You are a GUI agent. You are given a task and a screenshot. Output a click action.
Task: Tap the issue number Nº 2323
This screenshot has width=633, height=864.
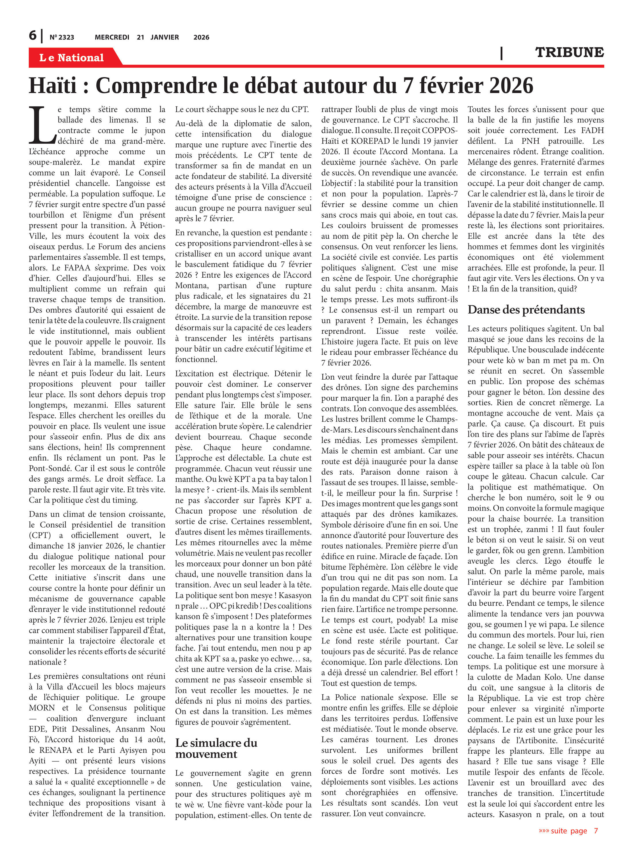tap(62, 37)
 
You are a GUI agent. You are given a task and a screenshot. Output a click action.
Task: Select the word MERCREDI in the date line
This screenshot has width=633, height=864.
tap(112, 37)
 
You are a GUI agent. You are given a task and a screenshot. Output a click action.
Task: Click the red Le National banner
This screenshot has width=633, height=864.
tap(72, 58)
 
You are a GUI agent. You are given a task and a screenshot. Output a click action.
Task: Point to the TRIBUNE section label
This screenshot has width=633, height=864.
tap(569, 52)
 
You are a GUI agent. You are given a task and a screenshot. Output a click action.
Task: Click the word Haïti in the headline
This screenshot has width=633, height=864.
tap(53, 86)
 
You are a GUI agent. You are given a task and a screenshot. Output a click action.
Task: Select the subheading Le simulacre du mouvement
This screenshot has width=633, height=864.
tap(216, 748)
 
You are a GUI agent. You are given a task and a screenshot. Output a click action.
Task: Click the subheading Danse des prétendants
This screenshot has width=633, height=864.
tap(526, 310)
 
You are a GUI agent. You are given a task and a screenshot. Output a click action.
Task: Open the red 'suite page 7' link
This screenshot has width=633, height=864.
tap(568, 831)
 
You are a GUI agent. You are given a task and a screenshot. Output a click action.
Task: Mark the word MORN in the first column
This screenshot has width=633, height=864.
tap(42, 708)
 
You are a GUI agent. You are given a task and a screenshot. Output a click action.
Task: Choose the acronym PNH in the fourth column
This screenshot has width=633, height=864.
tap(530, 141)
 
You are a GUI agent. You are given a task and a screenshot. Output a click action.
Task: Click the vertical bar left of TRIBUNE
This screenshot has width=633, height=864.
tap(501, 53)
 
